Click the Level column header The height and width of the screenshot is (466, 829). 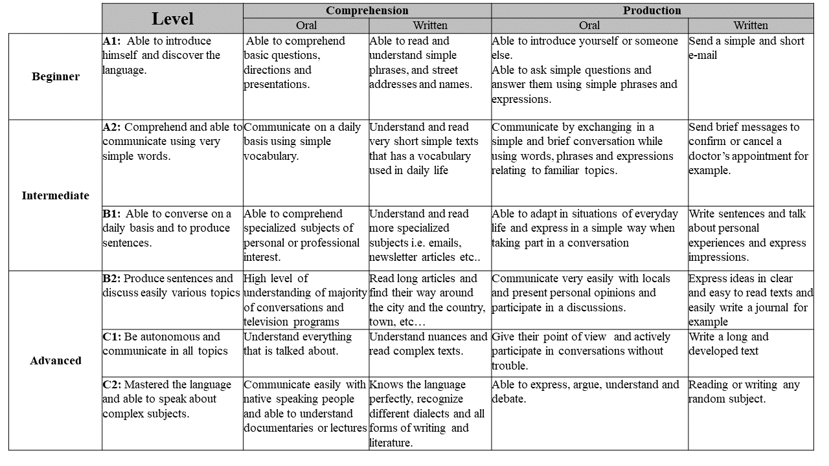tap(172, 19)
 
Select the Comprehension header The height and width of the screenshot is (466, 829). tap(367, 10)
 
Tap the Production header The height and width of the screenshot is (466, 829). tap(652, 10)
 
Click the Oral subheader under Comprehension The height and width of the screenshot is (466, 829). tap(306, 26)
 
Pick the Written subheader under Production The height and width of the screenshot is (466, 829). tap(750, 26)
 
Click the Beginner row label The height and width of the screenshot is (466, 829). tap(56, 76)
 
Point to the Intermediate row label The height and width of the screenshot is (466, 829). tap(56, 195)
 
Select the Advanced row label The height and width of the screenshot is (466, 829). tap(56, 361)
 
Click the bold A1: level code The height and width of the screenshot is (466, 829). tap(112, 41)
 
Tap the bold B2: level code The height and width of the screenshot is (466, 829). tap(112, 278)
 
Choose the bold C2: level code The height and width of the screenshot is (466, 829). tap(112, 384)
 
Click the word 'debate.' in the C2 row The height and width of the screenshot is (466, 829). tap(509, 399)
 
